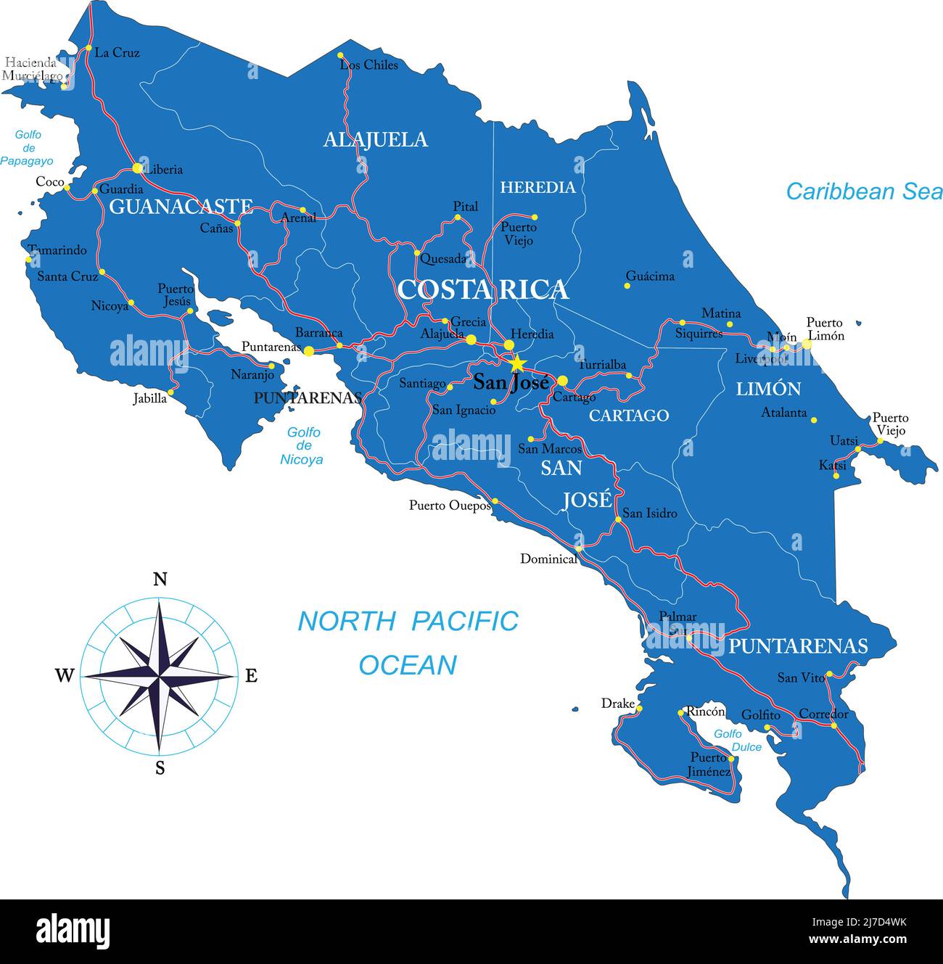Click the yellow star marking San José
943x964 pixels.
[517, 363]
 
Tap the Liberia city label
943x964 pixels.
[164, 170]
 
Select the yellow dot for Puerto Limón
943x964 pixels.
[806, 344]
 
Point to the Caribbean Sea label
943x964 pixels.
[864, 191]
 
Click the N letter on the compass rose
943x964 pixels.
[160, 579]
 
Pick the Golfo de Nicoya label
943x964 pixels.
[302, 445]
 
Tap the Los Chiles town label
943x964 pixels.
[369, 65]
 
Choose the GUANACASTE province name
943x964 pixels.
[181, 207]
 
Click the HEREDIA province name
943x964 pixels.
[538, 187]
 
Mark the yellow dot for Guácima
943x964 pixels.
[627, 286]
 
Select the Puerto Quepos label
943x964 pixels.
[450, 506]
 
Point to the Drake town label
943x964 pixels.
[617, 704]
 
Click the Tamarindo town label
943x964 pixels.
[57, 250]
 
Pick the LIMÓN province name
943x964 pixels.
[768, 390]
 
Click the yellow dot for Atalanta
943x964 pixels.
[814, 420]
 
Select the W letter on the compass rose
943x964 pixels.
[65, 676]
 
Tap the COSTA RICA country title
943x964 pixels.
[482, 289]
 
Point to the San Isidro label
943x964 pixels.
[650, 514]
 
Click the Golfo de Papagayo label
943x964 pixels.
[27, 148]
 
